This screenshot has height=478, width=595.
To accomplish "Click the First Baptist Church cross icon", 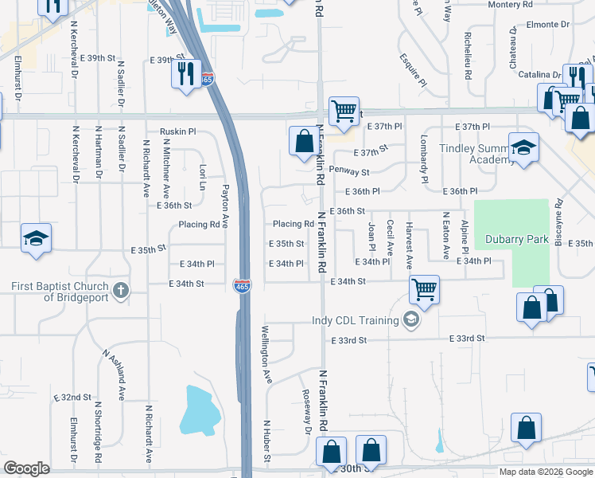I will [121, 289].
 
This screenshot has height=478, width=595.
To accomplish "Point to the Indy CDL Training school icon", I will [410, 320].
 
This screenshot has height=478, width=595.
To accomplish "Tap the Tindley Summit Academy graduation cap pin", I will [523, 148].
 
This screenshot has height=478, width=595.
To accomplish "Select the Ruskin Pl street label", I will [177, 131].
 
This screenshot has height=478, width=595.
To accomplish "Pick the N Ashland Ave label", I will [113, 374].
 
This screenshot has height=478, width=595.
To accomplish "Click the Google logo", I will [27, 468].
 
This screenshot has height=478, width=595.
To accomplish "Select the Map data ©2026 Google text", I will [545, 472].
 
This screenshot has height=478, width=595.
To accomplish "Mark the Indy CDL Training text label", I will [354, 321].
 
